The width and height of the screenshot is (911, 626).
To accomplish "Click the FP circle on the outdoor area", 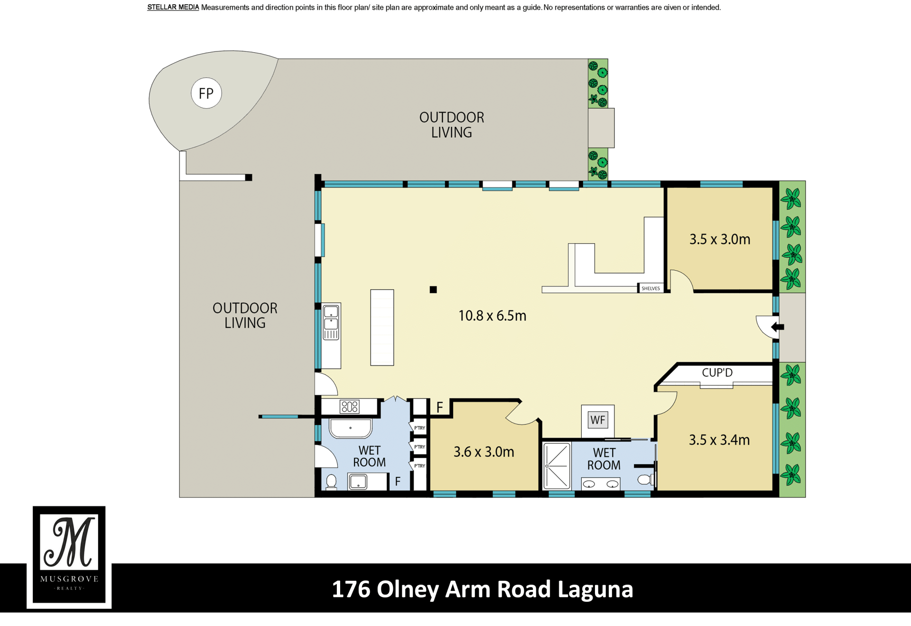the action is click(206, 93).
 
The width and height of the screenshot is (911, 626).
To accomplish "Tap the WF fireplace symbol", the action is click(598, 420).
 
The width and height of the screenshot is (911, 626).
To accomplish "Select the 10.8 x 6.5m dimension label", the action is click(492, 316).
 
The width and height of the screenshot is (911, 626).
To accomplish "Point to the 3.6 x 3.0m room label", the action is click(483, 452).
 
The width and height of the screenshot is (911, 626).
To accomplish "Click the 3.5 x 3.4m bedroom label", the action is click(719, 440).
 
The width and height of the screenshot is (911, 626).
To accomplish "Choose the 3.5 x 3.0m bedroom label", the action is click(720, 239).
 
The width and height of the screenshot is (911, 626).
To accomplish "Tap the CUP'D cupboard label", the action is click(717, 372).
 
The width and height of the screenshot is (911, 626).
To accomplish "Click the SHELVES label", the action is click(651, 288).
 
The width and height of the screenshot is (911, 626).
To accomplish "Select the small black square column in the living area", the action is click(433, 290).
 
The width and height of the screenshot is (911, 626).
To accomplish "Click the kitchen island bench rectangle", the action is click(382, 327).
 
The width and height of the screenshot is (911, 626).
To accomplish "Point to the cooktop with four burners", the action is click(350, 407).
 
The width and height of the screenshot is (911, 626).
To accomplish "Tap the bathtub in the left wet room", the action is click(351, 428).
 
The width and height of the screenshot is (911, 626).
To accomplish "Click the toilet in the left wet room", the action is click(332, 482).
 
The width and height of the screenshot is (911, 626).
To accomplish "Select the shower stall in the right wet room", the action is click(557, 466).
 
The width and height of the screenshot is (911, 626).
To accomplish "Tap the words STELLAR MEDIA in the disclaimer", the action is click(173, 7).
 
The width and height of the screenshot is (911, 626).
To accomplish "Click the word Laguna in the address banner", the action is click(595, 589).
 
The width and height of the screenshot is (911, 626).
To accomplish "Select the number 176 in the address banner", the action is click(351, 589).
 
